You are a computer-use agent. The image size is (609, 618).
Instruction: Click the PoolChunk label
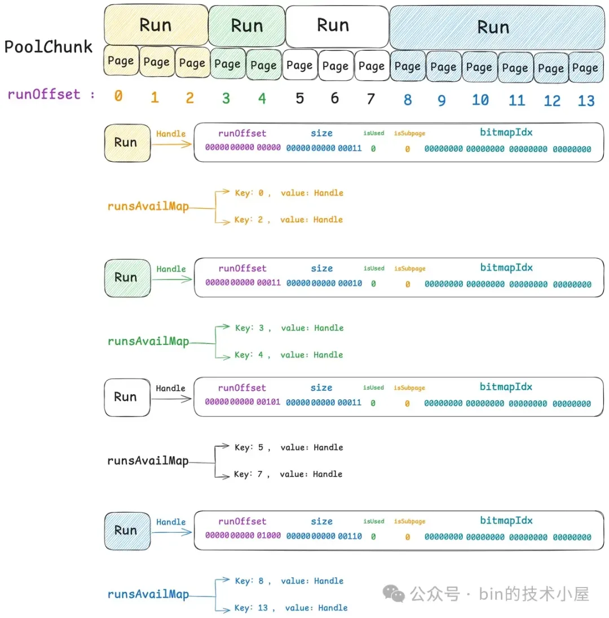click(48, 47)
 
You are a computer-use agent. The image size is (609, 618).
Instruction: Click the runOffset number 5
click(299, 99)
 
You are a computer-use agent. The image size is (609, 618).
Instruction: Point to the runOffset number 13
click(586, 100)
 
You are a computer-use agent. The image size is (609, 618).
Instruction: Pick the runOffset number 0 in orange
click(118, 96)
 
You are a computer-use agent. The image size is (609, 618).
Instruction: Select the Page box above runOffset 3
click(227, 64)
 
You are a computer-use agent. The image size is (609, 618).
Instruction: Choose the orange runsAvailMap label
click(148, 206)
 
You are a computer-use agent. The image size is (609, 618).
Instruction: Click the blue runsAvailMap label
click(148, 595)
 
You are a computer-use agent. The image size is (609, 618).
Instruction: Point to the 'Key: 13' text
click(253, 608)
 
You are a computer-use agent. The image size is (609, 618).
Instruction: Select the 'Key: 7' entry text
click(250, 474)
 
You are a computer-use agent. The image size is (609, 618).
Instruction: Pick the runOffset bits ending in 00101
click(242, 403)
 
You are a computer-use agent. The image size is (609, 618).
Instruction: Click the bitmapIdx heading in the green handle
click(506, 267)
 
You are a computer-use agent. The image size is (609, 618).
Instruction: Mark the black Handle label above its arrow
click(170, 388)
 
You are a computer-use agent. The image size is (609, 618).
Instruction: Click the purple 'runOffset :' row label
click(51, 95)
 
